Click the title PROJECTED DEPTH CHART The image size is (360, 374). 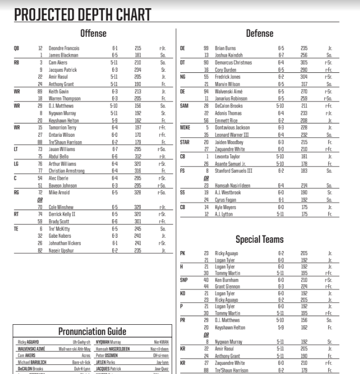[x=82, y=14]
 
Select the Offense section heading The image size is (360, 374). [x=93, y=34]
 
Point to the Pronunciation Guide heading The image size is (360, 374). [x=92, y=331]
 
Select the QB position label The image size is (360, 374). [x=16, y=48]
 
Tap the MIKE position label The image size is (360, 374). [x=185, y=127]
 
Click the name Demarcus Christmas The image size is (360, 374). [x=234, y=63]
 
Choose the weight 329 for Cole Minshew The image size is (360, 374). [x=137, y=207]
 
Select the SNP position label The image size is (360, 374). [x=184, y=280]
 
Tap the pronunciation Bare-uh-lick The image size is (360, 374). [x=81, y=362]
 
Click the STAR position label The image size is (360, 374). [x=185, y=141]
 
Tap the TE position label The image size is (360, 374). [x=16, y=228]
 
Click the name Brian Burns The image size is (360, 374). [x=225, y=48]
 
